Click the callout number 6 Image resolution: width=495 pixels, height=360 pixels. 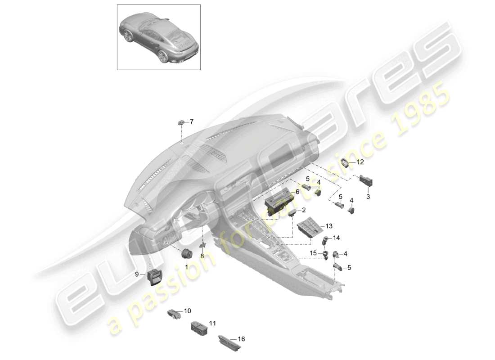pyautogui.click(x=297, y=191)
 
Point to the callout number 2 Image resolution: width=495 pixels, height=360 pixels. pyautogui.click(x=303, y=210)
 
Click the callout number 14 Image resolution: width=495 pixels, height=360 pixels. pyautogui.click(x=337, y=238)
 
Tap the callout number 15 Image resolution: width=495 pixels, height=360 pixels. pyautogui.click(x=314, y=253)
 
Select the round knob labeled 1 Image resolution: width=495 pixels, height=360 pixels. pyautogui.click(x=186, y=254)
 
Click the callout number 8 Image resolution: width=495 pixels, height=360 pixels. pyautogui.click(x=202, y=256)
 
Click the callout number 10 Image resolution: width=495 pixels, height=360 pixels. pyautogui.click(x=187, y=310)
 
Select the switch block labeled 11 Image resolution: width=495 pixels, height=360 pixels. pyautogui.click(x=198, y=327)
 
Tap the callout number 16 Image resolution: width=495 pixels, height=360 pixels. pyautogui.click(x=241, y=339)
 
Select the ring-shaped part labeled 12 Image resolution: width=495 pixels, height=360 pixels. pyautogui.click(x=346, y=163)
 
